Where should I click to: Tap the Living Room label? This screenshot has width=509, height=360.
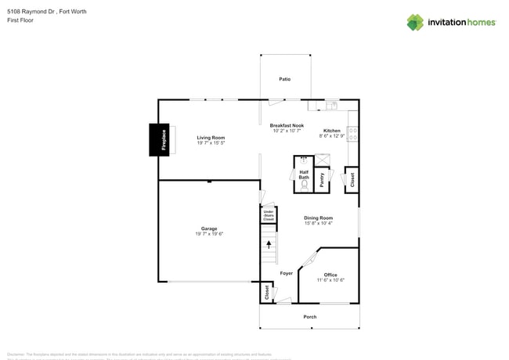[211, 138]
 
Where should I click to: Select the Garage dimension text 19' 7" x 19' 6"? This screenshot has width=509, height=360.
[209, 234]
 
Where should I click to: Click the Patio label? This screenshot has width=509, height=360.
[285, 79]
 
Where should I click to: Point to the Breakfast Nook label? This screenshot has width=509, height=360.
[287, 125]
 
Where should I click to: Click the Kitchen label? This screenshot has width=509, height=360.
[332, 131]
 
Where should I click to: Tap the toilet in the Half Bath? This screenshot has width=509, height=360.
[304, 186]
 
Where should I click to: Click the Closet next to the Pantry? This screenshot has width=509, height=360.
[352, 179]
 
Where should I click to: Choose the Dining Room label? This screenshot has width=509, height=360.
[318, 218]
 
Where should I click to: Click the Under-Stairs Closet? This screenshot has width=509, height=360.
[268, 215]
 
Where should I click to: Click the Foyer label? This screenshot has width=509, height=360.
[286, 273]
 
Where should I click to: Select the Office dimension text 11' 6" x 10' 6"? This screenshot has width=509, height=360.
[330, 280]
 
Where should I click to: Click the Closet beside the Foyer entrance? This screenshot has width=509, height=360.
[267, 292]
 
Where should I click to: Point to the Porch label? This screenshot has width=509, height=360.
[310, 317]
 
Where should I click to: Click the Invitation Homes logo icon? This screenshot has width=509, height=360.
[414, 22]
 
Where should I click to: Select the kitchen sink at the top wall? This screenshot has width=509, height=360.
[331, 104]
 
